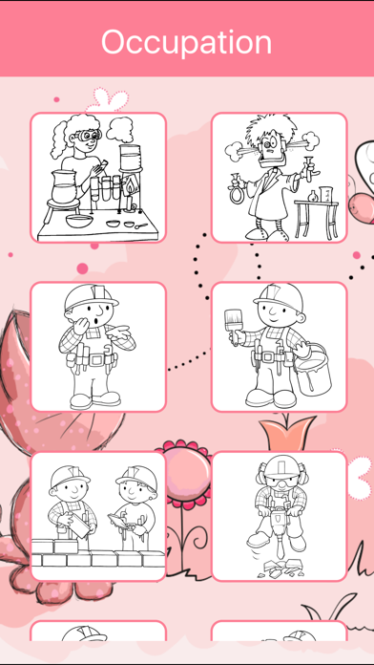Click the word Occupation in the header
[186, 42]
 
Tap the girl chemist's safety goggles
[89, 136]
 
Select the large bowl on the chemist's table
[79, 221]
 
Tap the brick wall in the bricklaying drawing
[98, 554]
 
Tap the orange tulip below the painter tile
[287, 432]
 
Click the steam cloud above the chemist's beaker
[119, 129]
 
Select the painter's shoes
[271, 397]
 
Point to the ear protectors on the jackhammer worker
[280, 472]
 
